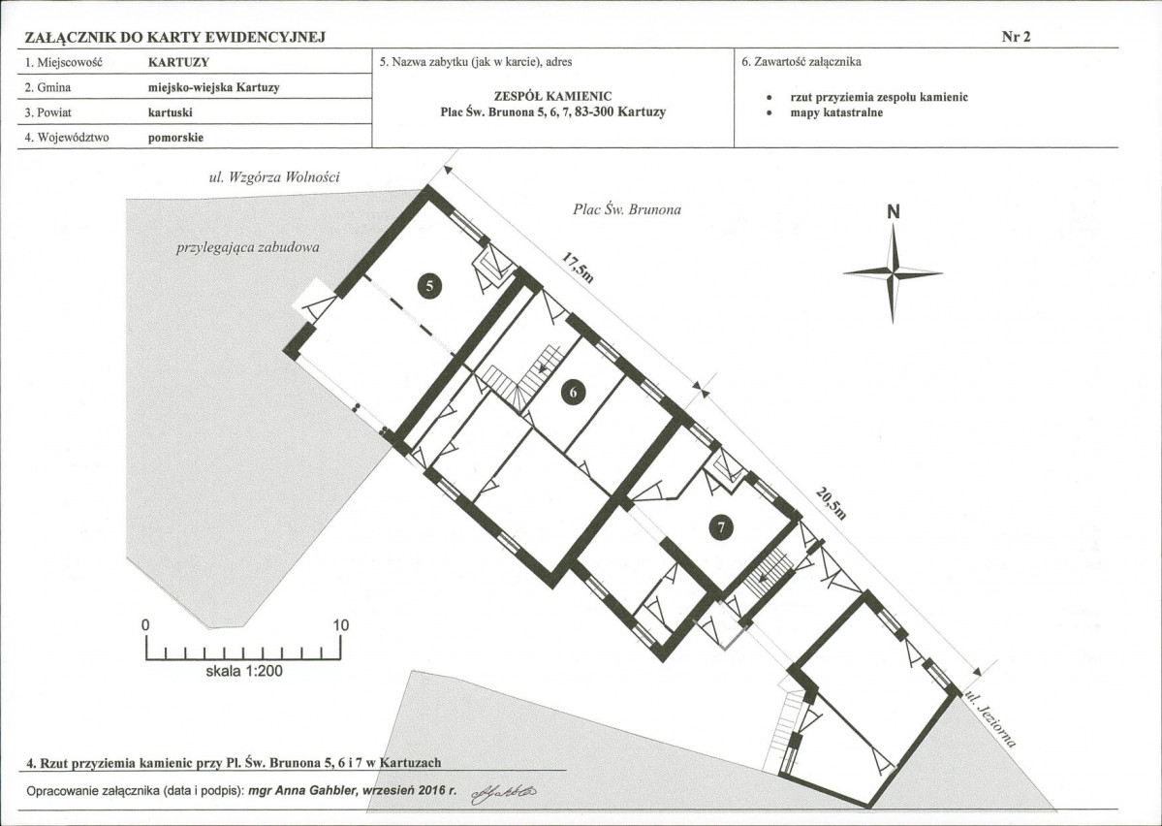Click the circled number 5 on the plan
click(430, 285)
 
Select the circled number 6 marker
click(573, 391)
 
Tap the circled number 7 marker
click(720, 527)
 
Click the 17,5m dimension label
click(578, 268)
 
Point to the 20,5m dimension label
click(831, 503)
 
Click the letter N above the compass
click(893, 212)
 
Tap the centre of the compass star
click(893, 273)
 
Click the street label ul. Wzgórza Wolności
click(274, 177)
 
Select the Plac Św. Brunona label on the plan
click(627, 209)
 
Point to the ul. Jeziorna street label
click(990, 718)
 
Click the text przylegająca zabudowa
click(247, 247)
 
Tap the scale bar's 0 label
click(145, 625)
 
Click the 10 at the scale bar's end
click(340, 625)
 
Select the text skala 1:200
click(244, 671)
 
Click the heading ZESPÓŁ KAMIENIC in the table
click(552, 96)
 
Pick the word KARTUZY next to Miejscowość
click(178, 62)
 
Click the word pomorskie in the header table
click(175, 138)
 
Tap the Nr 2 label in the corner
click(1016, 37)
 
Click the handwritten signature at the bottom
click(503, 793)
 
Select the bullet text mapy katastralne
click(836, 113)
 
